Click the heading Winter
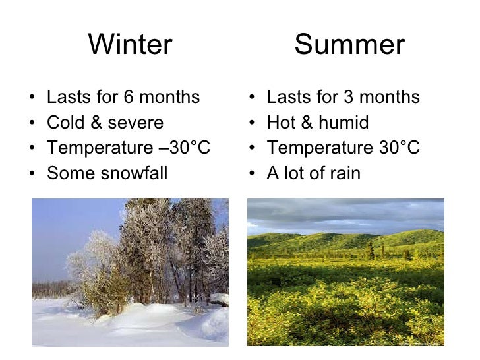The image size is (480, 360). pos(130,45)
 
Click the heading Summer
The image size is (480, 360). pos(349,45)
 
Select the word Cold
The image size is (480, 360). pos(65,123)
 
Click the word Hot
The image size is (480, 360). pos(282,123)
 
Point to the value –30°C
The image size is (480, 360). pos(181,148)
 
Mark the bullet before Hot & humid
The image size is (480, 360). pos(254,123)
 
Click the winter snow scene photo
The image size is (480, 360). pos(130,272)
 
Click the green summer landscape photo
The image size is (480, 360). pos(345,272)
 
